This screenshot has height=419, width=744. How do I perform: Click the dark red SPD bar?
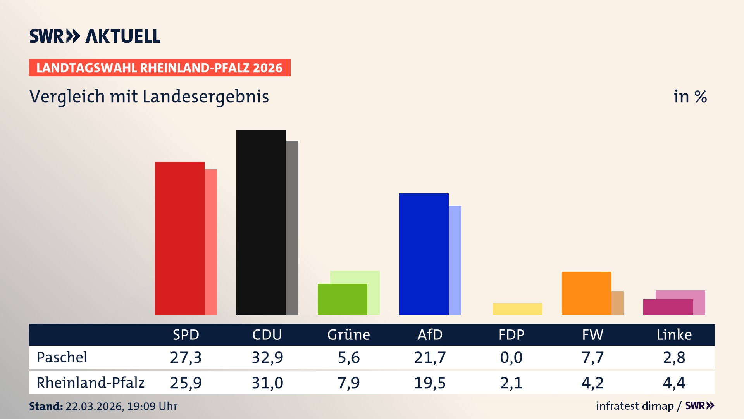tap(179, 238)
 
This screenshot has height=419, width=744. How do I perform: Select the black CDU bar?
tap(261, 223)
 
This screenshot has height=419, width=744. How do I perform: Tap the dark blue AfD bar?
tap(424, 254)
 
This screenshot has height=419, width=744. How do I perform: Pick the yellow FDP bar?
tap(517, 309)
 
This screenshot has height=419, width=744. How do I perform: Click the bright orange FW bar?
tap(586, 293)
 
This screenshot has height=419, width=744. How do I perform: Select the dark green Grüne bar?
tap(342, 299)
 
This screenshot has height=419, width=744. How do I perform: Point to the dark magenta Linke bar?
tap(668, 307)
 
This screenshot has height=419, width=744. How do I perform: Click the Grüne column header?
tap(348, 334)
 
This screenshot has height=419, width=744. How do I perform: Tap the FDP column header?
tap(511, 334)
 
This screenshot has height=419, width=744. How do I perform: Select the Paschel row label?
tap(62, 357)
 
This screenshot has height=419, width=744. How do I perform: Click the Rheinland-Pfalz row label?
tap(90, 383)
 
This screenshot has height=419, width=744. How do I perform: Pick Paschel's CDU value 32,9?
tap(267, 357)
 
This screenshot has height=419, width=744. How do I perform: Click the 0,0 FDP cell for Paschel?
tap(511, 357)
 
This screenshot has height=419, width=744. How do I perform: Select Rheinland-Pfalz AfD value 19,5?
tap(430, 383)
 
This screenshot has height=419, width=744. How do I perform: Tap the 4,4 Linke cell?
tap(674, 383)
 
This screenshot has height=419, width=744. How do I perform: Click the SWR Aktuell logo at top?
tap(95, 36)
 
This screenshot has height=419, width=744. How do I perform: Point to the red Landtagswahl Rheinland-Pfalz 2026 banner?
tap(160, 68)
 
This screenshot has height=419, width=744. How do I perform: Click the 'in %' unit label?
tap(690, 97)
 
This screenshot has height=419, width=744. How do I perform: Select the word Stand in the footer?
tap(45, 406)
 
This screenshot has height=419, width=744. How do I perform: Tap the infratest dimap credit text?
tap(635, 406)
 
